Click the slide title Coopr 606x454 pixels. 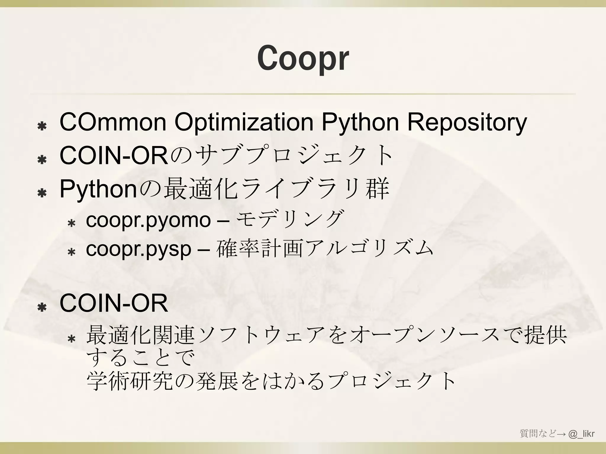pyautogui.click(x=303, y=58)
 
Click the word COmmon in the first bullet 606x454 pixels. pyautogui.click(x=113, y=122)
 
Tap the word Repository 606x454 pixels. pyautogui.click(x=467, y=122)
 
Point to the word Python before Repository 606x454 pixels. pyautogui.click(x=360, y=122)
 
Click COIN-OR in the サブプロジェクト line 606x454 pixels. pyautogui.click(x=114, y=156)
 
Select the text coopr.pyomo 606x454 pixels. pyautogui.click(x=148, y=220)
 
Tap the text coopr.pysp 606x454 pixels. pyautogui.click(x=138, y=249)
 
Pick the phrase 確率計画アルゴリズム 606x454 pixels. pyautogui.click(x=325, y=248)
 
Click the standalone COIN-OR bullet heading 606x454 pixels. pyautogui.click(x=114, y=304)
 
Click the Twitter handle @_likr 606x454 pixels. pyautogui.click(x=581, y=434)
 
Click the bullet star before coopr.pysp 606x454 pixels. pyautogui.click(x=71, y=252)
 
